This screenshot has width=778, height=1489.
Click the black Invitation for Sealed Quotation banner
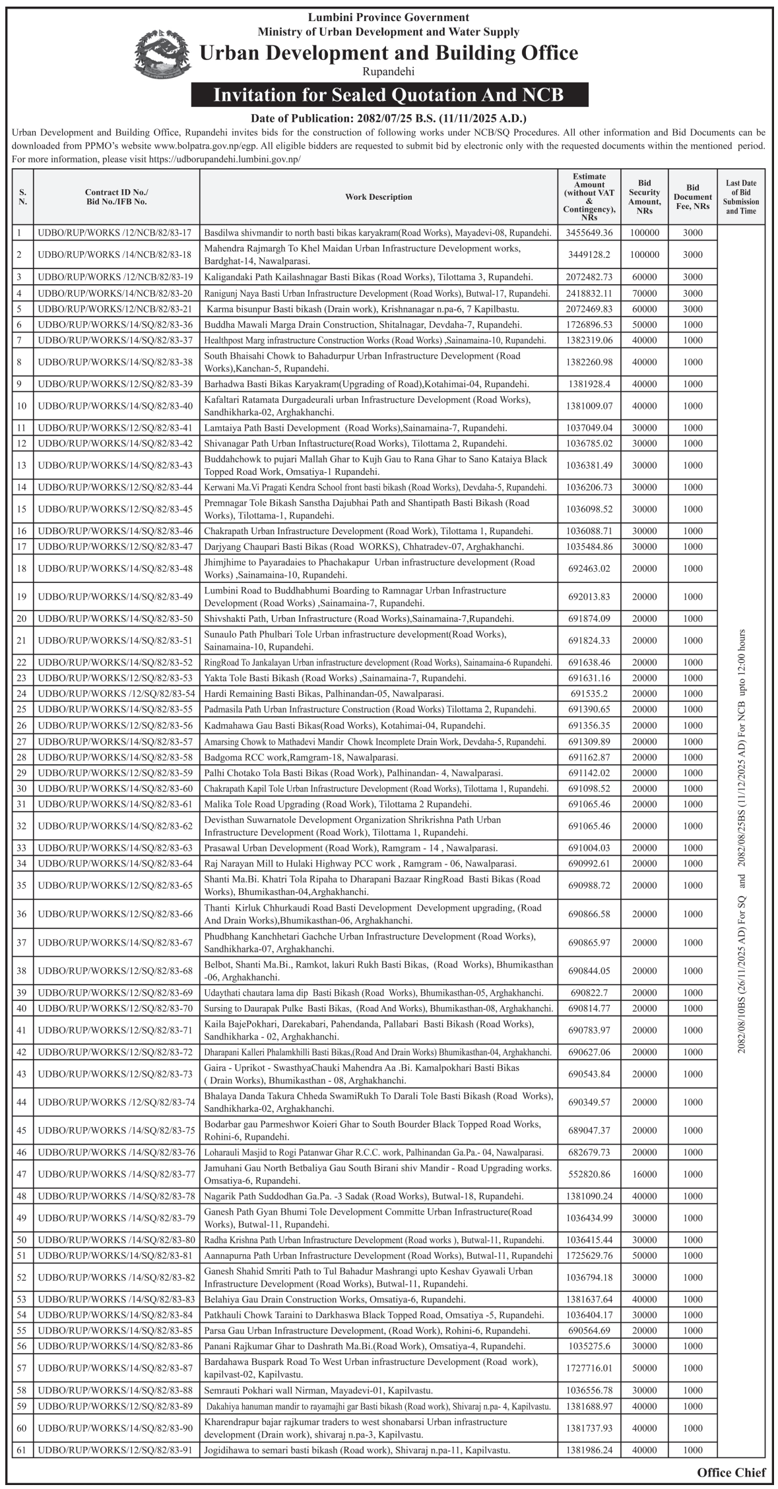[389, 95]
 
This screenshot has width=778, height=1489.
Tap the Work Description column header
[378, 197]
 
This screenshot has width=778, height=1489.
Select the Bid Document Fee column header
[692, 197]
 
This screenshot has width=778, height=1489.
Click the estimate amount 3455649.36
[589, 233]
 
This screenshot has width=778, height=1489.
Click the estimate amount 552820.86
[589, 1174]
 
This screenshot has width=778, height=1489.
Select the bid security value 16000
[644, 1174]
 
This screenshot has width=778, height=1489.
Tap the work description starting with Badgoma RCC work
[301, 757]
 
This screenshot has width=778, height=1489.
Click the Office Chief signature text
[731, 1472]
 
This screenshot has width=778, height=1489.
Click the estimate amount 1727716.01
[589, 1368]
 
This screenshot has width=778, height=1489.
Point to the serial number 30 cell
[20, 789]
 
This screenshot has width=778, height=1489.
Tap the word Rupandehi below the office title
[389, 72]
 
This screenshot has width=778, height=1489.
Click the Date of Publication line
[389, 119]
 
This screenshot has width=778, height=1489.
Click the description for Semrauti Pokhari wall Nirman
[319, 1390]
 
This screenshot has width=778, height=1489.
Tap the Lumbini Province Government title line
[389, 18]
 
